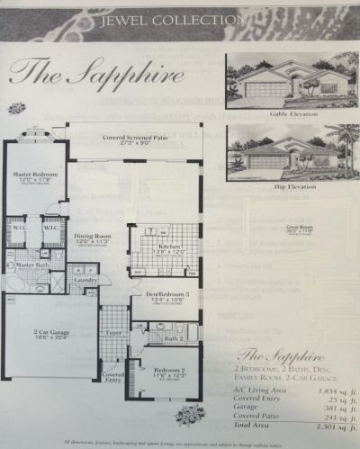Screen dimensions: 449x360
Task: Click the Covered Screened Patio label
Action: click(131, 138)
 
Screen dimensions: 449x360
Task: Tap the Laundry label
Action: click(85, 280)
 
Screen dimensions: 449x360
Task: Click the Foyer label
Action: click(112, 332)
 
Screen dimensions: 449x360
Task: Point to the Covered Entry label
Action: click(113, 376)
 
